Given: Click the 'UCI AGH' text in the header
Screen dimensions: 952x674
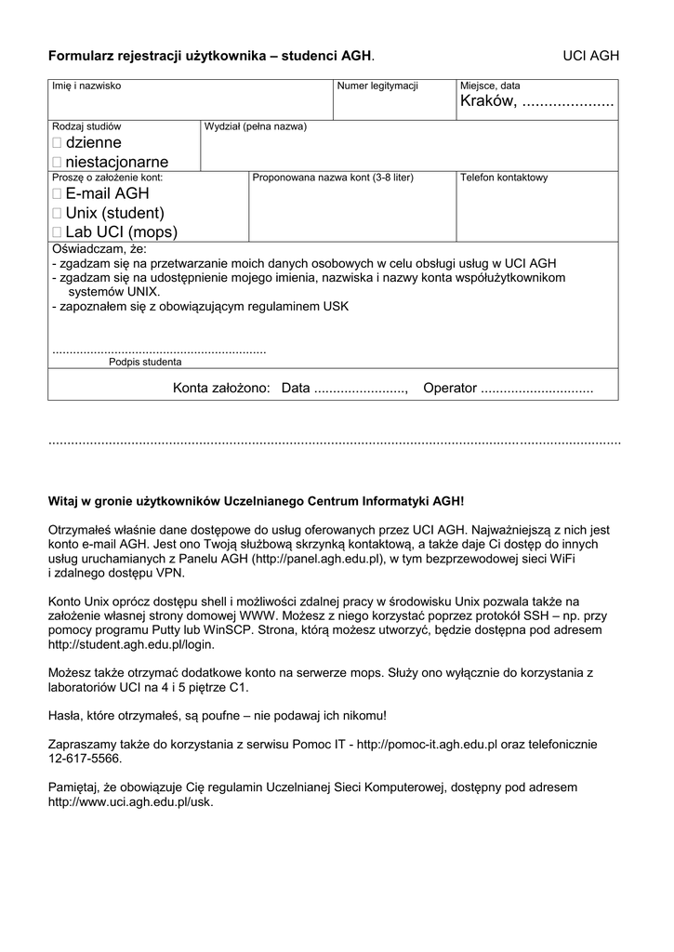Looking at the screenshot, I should pos(590,57).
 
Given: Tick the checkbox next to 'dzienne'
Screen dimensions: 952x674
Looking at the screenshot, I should pos(58,143).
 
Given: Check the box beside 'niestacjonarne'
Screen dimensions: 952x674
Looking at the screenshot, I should pos(58,163).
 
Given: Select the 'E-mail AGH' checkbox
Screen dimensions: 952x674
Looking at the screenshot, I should pos(58,194).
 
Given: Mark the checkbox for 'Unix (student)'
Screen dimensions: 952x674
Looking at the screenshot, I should pos(58,214).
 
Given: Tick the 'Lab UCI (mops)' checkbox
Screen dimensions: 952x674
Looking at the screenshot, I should pos(58,232).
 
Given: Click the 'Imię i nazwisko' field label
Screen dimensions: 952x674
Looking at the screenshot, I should pos(86,86).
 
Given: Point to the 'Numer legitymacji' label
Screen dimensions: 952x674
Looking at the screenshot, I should pos(377,86).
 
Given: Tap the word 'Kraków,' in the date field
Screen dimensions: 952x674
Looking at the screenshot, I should pos(488,101).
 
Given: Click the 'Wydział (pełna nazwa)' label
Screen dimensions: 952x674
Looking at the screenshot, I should pos(256,126).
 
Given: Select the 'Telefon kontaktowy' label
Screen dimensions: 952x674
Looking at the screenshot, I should pos(504,178).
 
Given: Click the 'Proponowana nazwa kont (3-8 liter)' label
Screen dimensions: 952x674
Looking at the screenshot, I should pos(333,178).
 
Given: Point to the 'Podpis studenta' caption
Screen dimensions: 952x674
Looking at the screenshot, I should pos(145,363).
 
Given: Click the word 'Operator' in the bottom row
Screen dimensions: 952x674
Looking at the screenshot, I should pos(450,388).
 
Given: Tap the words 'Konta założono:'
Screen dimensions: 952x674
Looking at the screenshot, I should pos(221,388).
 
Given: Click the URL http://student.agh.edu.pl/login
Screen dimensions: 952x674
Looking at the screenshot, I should pos(131,644).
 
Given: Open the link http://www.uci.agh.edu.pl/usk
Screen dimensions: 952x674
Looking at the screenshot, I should pos(130,801).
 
